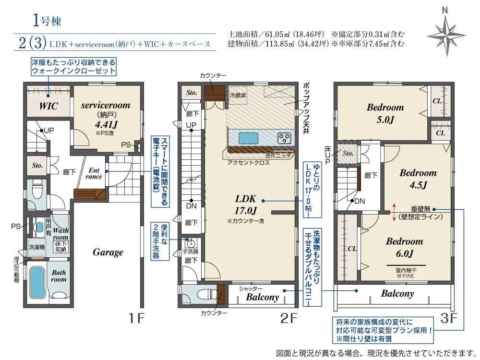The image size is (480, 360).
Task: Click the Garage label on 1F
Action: click(108, 252)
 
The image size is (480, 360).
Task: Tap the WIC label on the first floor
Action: click(48, 106)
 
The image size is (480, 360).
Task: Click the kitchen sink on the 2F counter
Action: click(248, 138)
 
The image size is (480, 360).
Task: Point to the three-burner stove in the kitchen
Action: click(284, 138)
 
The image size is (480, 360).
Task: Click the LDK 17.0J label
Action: click(246, 204)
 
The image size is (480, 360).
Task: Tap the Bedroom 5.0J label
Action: click(385, 113)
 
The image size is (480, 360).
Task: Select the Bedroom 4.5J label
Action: click(418, 179)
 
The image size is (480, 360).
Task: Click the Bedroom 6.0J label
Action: click(404, 247)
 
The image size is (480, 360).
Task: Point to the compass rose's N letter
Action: click(445, 11)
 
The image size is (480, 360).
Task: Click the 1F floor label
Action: click(136, 318)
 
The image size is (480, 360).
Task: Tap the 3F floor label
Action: click(448, 318)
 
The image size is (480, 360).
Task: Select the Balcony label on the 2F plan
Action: click(263, 297)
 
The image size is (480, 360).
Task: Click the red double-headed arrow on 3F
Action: click(394, 212)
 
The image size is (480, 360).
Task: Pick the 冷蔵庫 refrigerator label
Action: click(238, 95)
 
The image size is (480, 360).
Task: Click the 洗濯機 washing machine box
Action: click(37, 247)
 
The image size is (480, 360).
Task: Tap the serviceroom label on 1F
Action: click(106, 105)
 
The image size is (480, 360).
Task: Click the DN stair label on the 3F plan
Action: click(360, 201)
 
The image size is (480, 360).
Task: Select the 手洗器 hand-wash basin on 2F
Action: click(191, 244)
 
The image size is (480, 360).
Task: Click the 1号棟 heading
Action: click(47, 21)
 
